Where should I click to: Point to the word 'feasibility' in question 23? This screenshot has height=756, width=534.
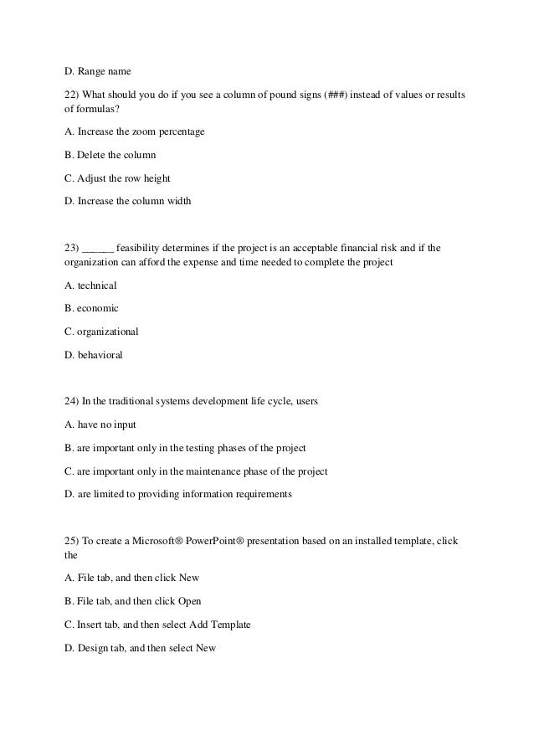pos(139,248)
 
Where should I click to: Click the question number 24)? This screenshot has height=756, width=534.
pos(72,401)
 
